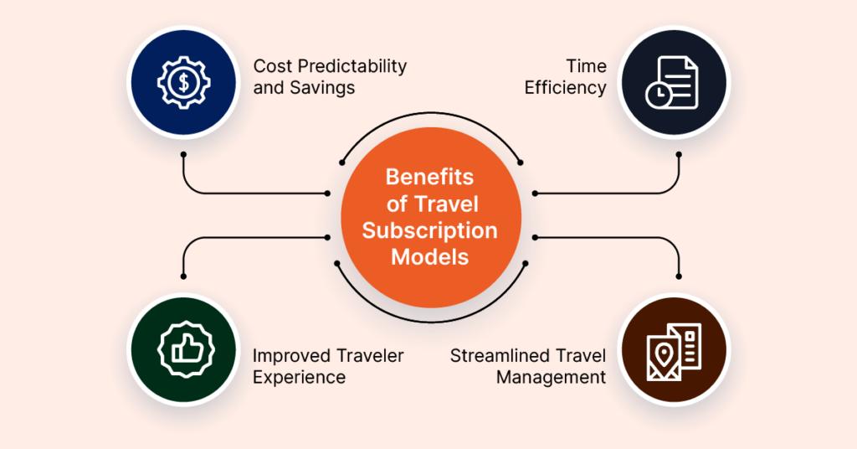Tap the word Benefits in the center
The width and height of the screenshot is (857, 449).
coord(429,177)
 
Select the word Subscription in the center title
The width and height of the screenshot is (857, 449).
coord(429,230)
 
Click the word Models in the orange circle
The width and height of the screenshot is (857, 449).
coord(429,256)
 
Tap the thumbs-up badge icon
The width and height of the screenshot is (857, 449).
coord(184,349)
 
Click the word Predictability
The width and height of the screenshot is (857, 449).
coord(352,65)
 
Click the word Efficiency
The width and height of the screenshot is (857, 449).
coord(566,87)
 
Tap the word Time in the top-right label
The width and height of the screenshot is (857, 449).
coord(588,65)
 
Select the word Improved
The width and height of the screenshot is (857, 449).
coord(290,355)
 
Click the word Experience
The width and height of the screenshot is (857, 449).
coord(299,377)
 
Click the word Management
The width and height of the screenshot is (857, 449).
coord(551,377)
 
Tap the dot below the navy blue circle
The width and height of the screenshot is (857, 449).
coord(184,154)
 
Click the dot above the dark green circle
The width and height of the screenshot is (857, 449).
coord(184,276)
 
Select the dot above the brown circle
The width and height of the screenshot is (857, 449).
coord(679,276)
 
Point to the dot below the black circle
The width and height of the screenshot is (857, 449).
coord(679,154)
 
